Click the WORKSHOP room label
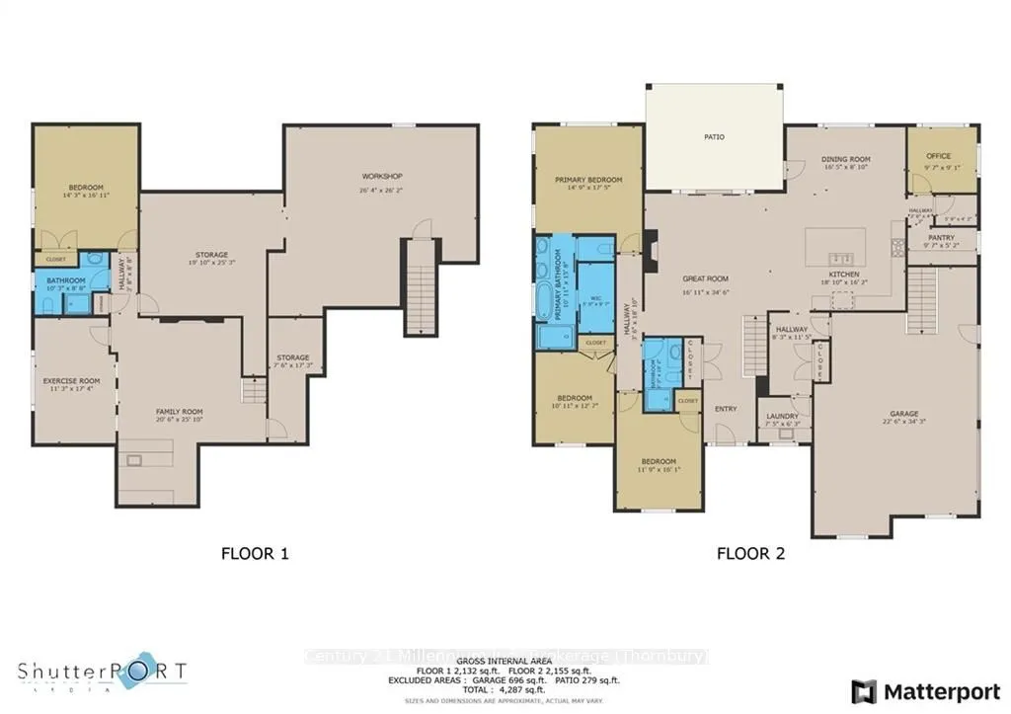[x=381, y=177]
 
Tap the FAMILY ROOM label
[x=179, y=411]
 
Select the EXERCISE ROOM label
[x=71, y=380]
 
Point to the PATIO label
[x=714, y=137]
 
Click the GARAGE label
[x=903, y=414]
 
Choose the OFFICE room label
[x=938, y=156]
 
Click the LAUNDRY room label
[x=782, y=416]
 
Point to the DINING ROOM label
[x=845, y=159]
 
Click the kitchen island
[x=835, y=243]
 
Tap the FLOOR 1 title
[x=255, y=554]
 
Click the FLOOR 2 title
[x=750, y=554]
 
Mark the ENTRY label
[x=726, y=409]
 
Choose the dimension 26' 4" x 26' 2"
[x=381, y=190]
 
